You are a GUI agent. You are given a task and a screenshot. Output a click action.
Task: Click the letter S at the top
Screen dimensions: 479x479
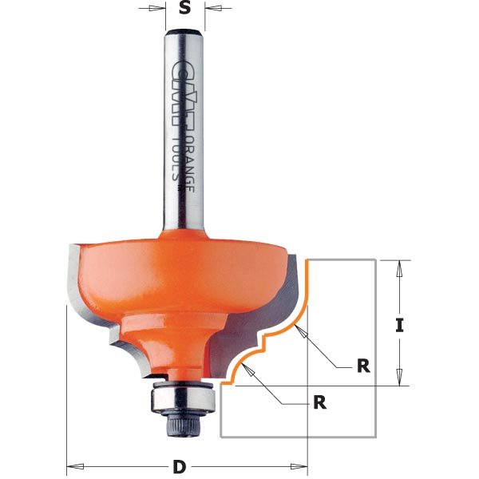(185, 9)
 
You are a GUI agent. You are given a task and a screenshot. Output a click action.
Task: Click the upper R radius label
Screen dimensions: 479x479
(363, 366)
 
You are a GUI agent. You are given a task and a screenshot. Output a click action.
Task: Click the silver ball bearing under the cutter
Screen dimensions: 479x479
(184, 395)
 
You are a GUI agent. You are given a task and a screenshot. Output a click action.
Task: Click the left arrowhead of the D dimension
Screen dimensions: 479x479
(70, 465)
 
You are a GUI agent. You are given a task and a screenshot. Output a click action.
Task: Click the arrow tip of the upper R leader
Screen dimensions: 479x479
(299, 329)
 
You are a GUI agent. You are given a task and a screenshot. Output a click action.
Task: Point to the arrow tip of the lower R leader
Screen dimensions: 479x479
(247, 367)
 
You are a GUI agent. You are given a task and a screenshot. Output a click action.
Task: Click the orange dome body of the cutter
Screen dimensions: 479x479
(160, 271)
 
